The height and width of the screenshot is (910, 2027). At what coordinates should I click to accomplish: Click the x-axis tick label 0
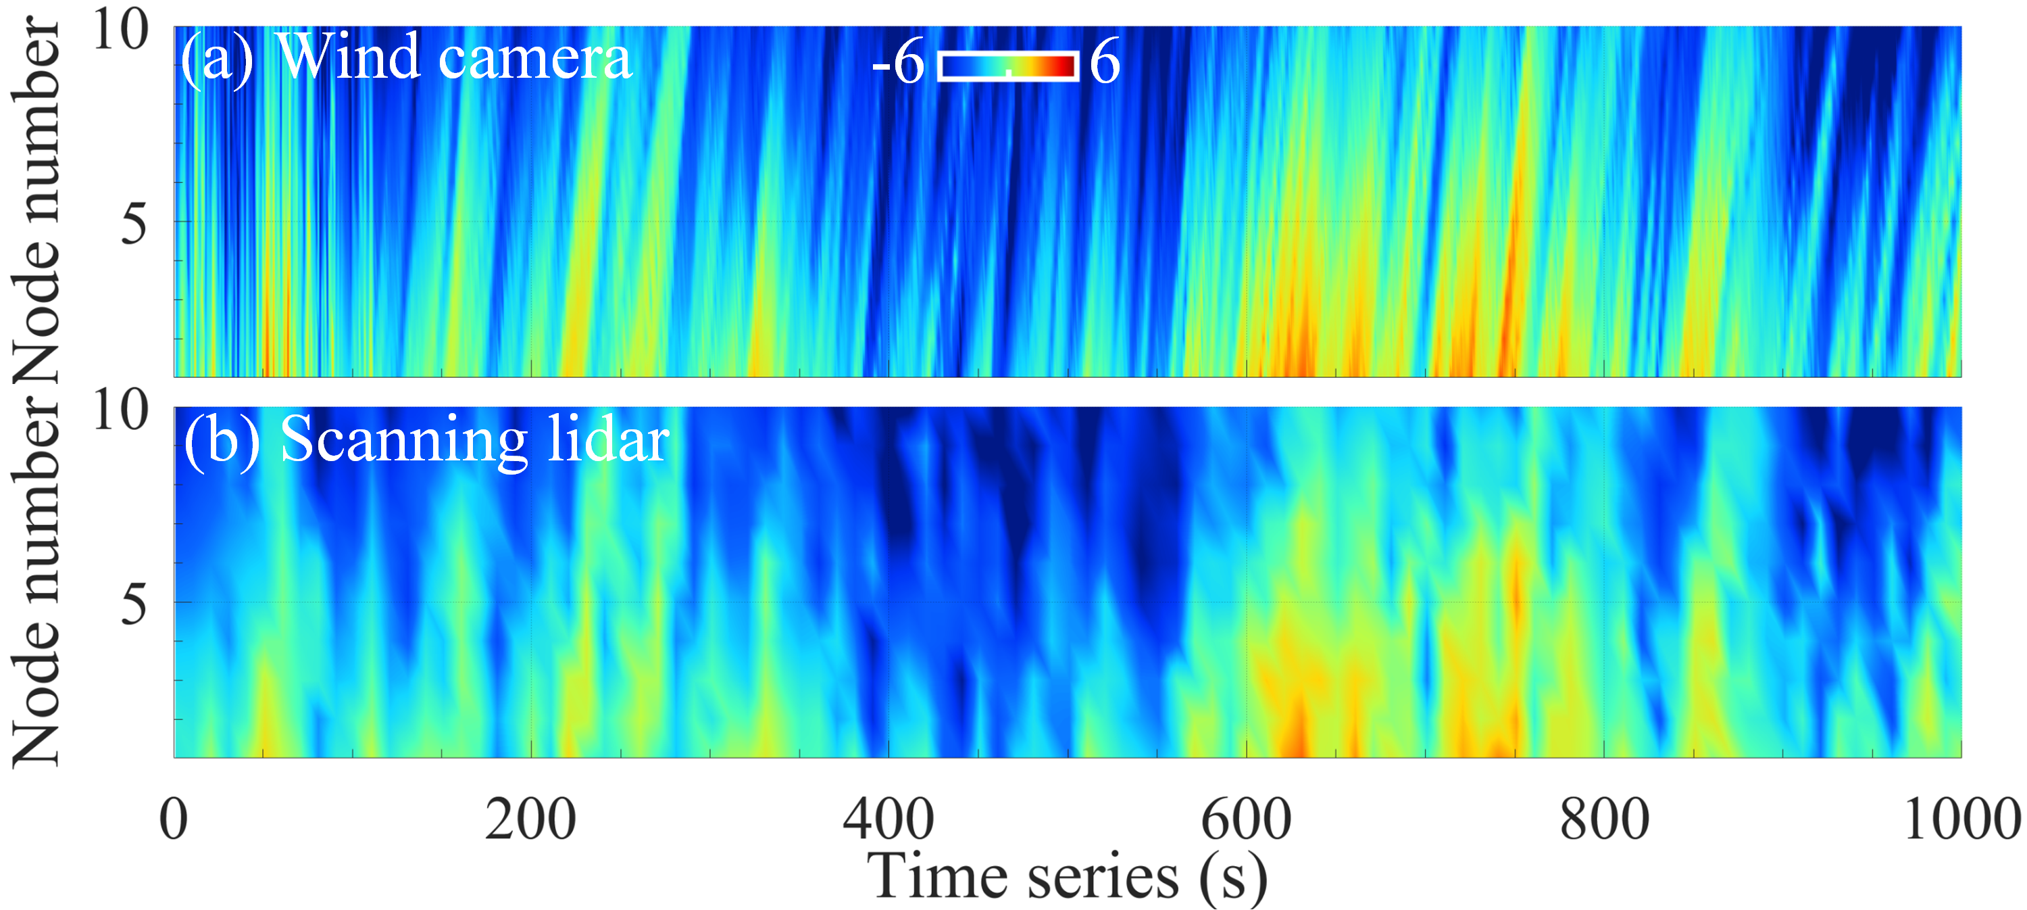(x=174, y=819)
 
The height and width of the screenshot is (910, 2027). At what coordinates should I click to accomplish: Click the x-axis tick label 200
(x=530, y=819)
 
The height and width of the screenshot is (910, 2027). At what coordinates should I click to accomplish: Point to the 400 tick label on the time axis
(x=889, y=819)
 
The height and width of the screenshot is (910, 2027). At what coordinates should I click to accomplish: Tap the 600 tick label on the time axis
(x=1246, y=819)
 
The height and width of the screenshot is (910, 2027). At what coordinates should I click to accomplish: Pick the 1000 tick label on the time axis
(x=1961, y=819)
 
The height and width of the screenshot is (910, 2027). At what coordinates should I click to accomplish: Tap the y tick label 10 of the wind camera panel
(x=120, y=32)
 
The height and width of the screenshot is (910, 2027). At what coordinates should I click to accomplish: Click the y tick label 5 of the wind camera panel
(x=134, y=224)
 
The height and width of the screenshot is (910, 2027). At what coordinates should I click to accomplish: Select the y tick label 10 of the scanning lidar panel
(x=120, y=411)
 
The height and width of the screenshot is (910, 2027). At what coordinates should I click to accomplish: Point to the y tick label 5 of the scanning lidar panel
(x=134, y=604)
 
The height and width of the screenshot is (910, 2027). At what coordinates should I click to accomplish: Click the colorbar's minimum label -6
(x=898, y=62)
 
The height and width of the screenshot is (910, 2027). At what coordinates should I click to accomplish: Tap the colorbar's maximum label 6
(x=1105, y=62)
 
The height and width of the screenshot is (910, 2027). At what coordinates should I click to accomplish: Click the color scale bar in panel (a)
(x=1008, y=66)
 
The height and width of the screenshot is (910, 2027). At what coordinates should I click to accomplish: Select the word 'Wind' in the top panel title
(x=349, y=57)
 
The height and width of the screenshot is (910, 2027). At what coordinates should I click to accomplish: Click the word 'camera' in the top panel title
(x=534, y=58)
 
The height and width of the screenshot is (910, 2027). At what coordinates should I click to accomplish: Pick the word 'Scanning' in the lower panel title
(x=403, y=440)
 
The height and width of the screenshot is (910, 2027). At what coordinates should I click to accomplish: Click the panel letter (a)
(x=217, y=58)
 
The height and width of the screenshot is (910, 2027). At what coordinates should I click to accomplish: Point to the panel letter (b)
(x=221, y=440)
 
